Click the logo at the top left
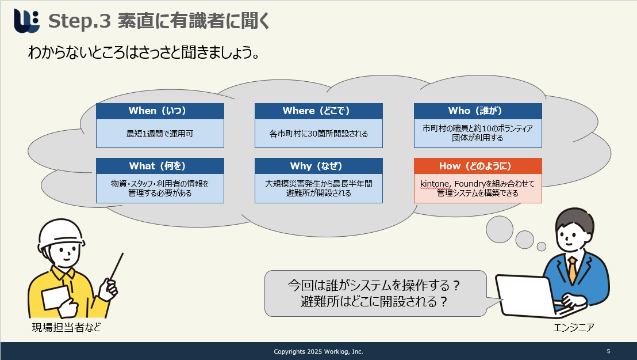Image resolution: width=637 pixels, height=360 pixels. (x=27, y=20)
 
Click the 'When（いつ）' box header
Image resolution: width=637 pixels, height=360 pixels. (x=160, y=111)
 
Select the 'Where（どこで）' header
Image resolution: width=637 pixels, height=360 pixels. (x=318, y=111)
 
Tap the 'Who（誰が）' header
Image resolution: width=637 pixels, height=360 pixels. (x=478, y=111)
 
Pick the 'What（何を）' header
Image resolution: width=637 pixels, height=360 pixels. (x=160, y=166)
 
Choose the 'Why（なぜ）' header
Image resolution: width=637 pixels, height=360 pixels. (x=318, y=166)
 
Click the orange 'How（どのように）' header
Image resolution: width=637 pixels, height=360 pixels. (x=478, y=166)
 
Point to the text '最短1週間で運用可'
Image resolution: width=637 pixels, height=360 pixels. (x=160, y=134)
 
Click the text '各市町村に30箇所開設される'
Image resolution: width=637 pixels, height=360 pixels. (x=318, y=134)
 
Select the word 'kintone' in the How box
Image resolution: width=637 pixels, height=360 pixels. (x=435, y=184)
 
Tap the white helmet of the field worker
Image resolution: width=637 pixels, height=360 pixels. (x=61, y=233)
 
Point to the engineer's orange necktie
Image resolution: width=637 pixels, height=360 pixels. (x=573, y=270)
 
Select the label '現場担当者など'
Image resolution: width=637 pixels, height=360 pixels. (x=67, y=327)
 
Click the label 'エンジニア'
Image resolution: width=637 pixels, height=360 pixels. (x=574, y=327)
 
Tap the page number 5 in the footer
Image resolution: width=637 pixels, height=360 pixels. (x=609, y=351)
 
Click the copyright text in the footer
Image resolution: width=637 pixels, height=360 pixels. (x=318, y=351)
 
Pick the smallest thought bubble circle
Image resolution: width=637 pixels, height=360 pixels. (x=542, y=247)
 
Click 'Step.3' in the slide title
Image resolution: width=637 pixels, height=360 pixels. (x=79, y=21)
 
